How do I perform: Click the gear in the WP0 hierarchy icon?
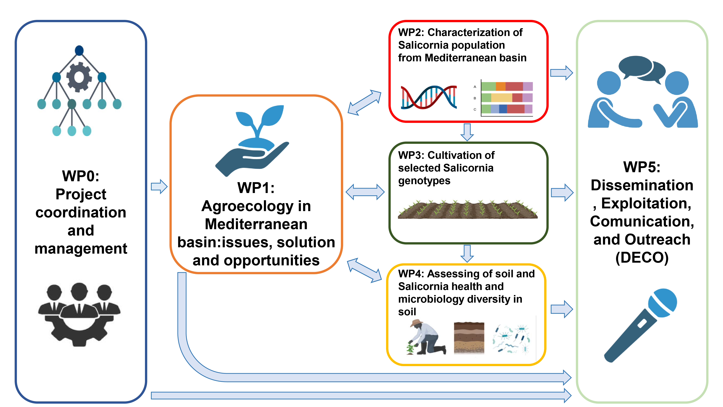coord(79,77)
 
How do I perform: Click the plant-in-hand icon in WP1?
coord(252,140)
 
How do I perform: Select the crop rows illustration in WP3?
coord(468,209)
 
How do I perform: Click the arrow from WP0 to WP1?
coord(159,186)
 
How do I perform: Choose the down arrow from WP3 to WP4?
coord(467,253)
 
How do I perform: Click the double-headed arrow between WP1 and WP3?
coord(365,192)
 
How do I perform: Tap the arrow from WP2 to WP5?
coord(561,73)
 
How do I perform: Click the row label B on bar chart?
coord(475,98)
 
